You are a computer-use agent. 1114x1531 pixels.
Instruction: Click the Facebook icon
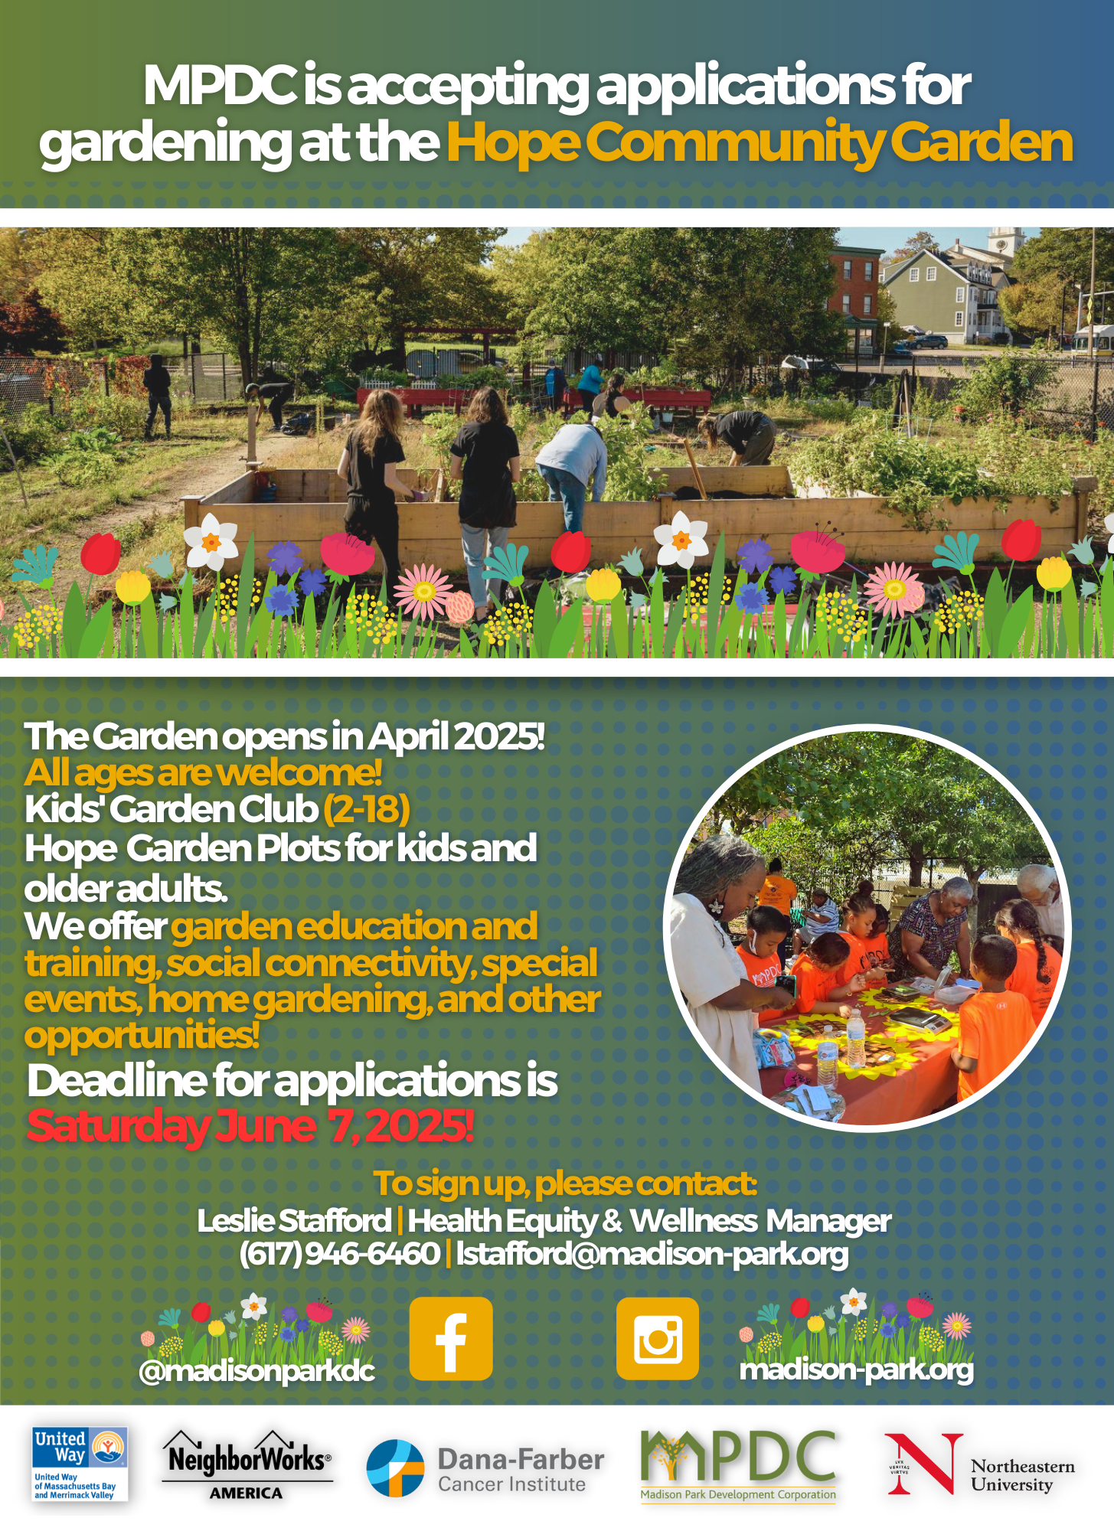[451, 1339]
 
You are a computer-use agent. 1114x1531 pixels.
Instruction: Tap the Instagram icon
[658, 1339]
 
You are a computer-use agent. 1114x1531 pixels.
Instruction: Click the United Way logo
[80, 1464]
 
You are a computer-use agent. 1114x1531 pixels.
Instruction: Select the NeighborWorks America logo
[247, 1465]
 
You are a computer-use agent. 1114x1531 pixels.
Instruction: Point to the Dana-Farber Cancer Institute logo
[485, 1469]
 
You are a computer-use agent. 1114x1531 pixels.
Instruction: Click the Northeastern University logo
[980, 1464]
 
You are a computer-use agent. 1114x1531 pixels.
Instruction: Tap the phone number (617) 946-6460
[340, 1253]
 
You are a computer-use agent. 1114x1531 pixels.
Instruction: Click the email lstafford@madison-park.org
[652, 1253]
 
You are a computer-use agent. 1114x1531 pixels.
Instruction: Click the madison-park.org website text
[857, 1369]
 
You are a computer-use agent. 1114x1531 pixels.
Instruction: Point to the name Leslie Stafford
[295, 1220]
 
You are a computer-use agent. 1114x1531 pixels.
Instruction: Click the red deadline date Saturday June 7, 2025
[250, 1126]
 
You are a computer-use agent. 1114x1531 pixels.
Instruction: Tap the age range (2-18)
[367, 809]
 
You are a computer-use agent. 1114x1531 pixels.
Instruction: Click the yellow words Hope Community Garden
[760, 143]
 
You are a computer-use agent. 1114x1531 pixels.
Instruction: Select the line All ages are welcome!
[203, 772]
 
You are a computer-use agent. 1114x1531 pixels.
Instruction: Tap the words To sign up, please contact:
[565, 1183]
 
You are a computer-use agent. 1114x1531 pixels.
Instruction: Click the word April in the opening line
[409, 737]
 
